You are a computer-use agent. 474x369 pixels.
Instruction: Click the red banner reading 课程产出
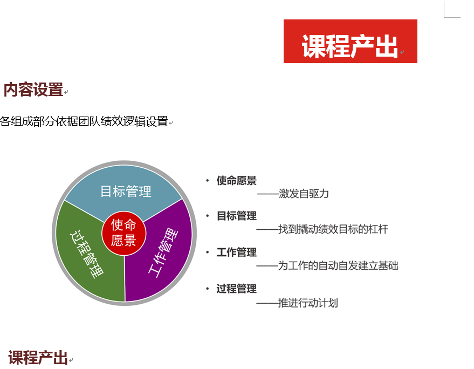coord(351,41)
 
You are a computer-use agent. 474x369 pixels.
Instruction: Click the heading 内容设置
coord(33,90)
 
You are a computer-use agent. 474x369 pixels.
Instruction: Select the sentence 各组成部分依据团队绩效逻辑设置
coord(84,121)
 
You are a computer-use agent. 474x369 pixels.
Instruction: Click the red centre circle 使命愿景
coord(124,233)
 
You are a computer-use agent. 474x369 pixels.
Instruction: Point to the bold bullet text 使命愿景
coord(236,181)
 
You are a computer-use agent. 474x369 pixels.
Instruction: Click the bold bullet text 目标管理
coord(236,216)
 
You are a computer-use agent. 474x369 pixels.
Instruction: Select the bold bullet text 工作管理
coord(236,252)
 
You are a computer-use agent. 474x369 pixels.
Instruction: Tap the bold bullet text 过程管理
coord(236,289)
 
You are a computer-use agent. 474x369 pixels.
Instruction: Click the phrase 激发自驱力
coord(304,194)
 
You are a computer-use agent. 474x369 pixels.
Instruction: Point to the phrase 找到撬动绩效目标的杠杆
coord(333,229)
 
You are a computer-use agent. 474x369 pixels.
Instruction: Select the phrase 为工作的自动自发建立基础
coord(338,265)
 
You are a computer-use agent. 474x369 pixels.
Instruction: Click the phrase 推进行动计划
coord(308,303)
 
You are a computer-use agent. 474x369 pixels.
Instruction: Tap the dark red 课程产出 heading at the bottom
coord(38,358)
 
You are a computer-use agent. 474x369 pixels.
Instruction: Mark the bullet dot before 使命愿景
coord(208,181)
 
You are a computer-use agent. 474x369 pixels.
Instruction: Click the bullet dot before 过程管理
coord(208,289)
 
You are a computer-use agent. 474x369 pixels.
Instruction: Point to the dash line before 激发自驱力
coord(267,194)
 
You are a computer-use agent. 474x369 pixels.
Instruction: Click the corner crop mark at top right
coord(444,17)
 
